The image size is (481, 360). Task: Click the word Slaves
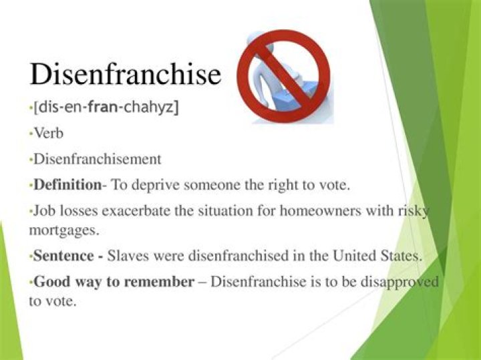pos(127,256)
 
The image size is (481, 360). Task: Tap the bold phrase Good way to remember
pos(113,282)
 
